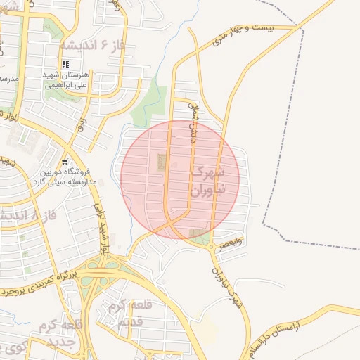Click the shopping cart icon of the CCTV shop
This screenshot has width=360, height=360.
pos(65,160)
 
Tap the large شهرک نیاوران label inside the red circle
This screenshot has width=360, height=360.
pos(208,181)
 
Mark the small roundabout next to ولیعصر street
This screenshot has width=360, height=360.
pos(211,245)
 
